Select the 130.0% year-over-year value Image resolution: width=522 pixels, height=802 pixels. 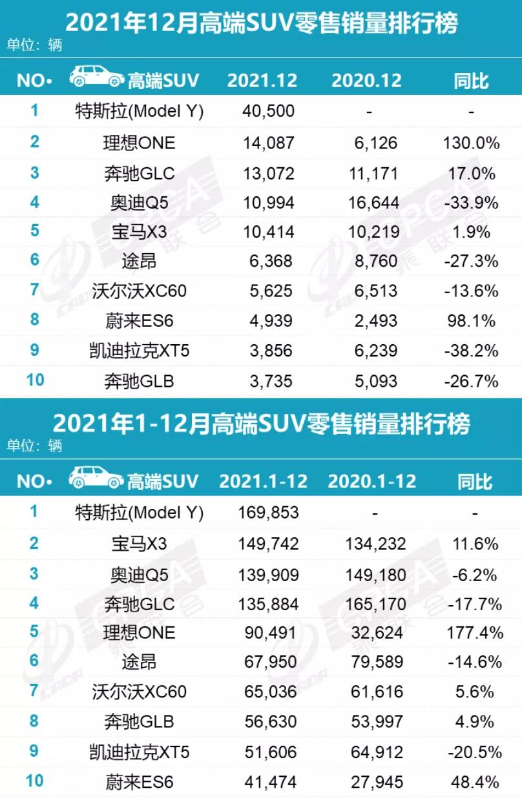[472, 143]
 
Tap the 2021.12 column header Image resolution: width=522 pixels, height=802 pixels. [262, 81]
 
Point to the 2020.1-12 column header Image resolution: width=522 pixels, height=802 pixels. [372, 482]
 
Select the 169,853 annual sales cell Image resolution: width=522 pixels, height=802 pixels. [267, 513]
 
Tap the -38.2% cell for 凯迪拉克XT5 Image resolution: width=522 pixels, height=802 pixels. [472, 351]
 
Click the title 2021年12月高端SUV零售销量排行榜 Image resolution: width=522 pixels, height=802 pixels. [261, 24]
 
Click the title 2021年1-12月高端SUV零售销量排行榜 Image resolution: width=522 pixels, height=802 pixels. [261, 424]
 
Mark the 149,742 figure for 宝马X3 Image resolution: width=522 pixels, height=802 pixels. [267, 544]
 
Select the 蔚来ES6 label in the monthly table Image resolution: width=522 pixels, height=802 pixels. [139, 321]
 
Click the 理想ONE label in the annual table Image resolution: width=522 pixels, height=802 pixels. [139, 632]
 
